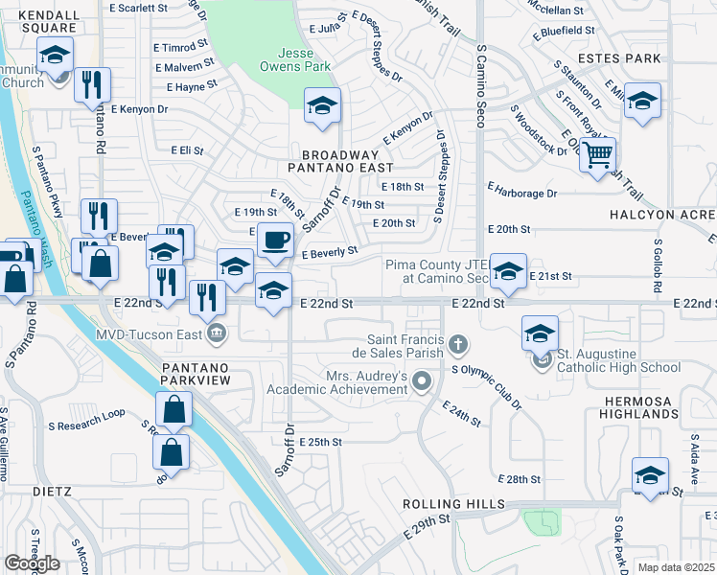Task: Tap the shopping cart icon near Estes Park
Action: tap(598, 153)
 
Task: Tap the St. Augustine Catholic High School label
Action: tap(619, 366)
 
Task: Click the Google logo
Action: tap(32, 563)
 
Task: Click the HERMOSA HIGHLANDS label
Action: tap(651, 406)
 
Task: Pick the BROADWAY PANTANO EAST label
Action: tap(340, 162)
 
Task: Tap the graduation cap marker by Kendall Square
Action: tap(56, 55)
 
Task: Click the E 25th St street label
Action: tap(320, 442)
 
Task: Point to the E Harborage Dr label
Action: tap(521, 193)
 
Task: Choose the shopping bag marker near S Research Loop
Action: tap(173, 410)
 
